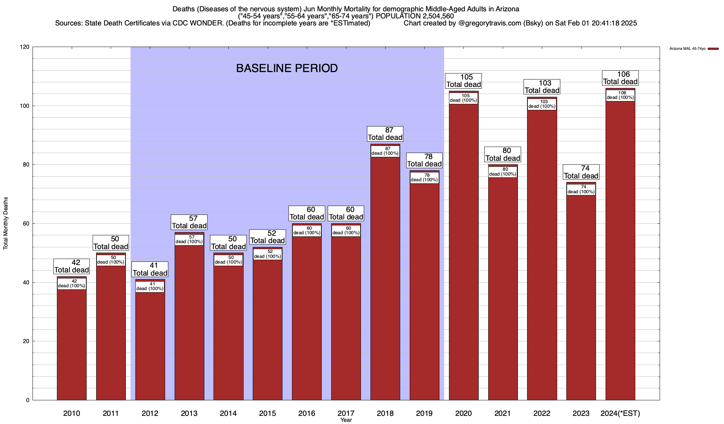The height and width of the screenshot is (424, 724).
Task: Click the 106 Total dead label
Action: (620, 78)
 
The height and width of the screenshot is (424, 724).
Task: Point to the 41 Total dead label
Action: (150, 269)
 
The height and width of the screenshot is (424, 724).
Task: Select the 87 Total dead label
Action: (385, 134)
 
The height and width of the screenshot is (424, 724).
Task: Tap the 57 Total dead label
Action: (189, 222)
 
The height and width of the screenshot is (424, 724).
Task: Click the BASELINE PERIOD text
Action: (287, 68)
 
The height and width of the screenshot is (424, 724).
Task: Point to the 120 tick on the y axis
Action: (25, 47)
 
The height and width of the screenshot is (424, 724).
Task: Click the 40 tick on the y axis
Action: (27, 282)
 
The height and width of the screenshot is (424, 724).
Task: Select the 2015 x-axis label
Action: (268, 413)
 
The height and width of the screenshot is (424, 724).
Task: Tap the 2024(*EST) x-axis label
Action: (620, 413)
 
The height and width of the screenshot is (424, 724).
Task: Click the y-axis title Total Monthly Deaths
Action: (6, 223)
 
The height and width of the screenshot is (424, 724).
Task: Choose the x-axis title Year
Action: (346, 420)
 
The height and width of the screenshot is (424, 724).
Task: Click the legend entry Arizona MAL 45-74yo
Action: (687, 49)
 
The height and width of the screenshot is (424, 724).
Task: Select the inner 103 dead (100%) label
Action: (542, 104)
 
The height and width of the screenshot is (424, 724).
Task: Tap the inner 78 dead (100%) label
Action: (425, 177)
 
